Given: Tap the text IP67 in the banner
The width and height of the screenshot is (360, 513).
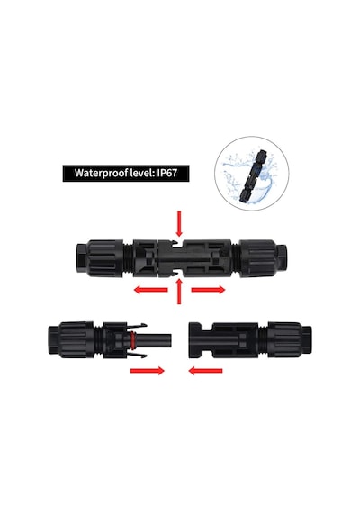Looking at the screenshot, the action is coord(167,173).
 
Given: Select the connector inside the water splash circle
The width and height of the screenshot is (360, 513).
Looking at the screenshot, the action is coord(253,175).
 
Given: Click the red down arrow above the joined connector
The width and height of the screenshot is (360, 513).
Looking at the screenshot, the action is coord(179,224).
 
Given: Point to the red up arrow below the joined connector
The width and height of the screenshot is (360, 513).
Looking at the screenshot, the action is coord(179,292).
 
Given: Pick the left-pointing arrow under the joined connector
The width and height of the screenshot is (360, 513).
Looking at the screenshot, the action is coord(151,290).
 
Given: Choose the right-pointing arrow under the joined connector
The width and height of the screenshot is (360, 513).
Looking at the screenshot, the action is coord(208,290).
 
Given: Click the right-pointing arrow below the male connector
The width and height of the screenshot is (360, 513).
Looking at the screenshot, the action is coord(148,371).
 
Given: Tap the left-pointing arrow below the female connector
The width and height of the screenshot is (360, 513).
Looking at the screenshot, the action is coord(205,371).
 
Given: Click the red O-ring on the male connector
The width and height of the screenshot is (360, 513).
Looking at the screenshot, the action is coord(133,340).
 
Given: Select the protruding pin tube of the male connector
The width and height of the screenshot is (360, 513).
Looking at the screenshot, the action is coord(155,340).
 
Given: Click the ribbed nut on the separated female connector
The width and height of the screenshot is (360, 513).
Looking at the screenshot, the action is coord(285,340).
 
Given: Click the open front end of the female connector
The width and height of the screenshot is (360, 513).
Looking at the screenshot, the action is coord(195,340).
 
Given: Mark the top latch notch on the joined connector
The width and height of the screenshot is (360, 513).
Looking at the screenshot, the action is coord(179,242).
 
